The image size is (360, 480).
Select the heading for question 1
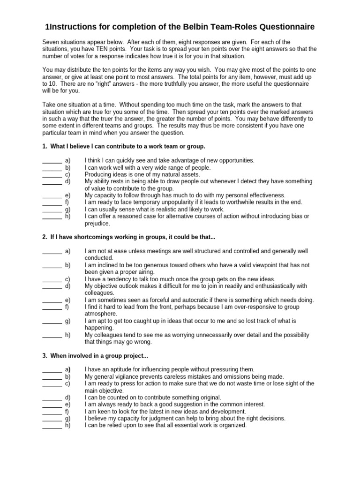(124, 147)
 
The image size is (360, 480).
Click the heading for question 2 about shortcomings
(129, 237)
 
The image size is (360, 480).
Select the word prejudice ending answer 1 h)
(97, 224)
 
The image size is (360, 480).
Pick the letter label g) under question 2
(68, 321)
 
